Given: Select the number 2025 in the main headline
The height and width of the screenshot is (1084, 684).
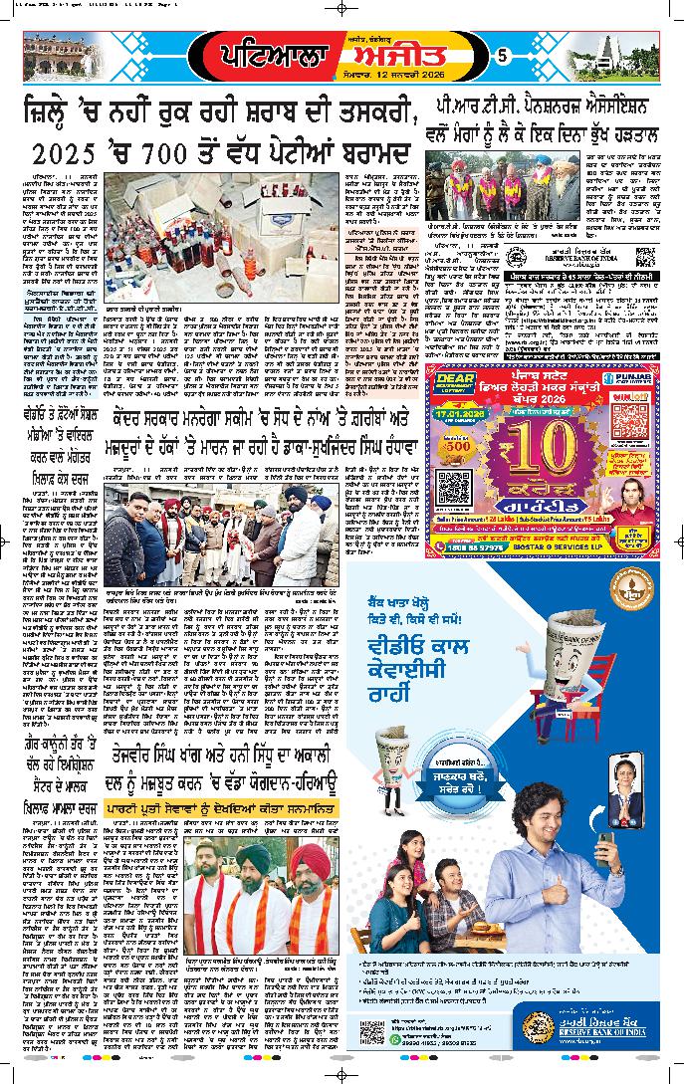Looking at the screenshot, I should coord(59,154).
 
